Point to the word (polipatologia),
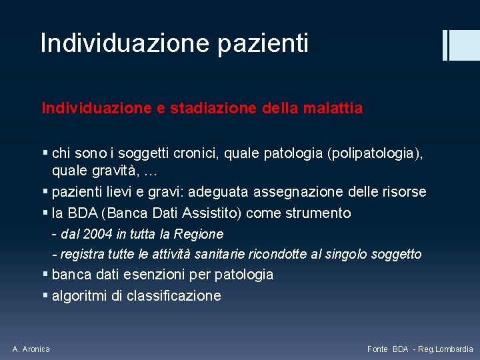pos(375,153)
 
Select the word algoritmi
pos(79,296)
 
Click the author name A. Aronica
pos(31,349)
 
